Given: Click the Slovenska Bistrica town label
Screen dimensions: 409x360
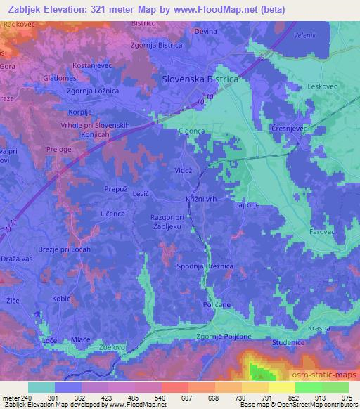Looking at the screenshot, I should tap(200, 79).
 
